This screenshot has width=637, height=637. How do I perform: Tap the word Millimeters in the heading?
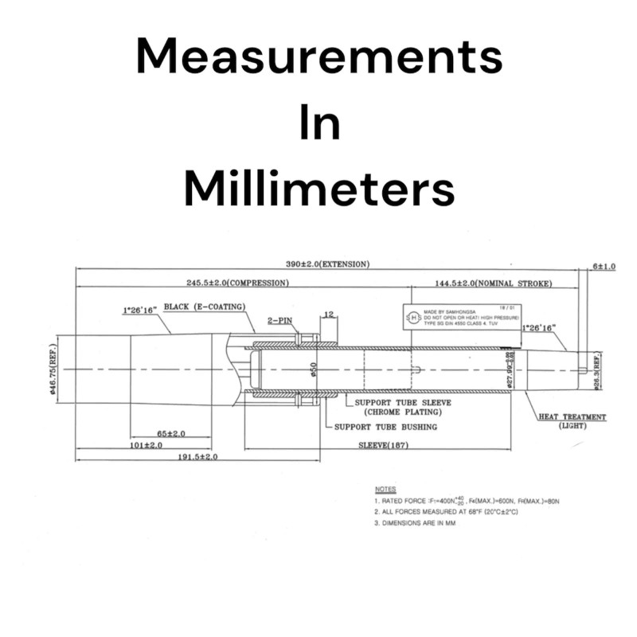(318, 189)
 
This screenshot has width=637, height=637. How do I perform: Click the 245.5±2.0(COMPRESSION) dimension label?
(238, 283)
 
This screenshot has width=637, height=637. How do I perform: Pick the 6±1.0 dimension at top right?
(603, 267)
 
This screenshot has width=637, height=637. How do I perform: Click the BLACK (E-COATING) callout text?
(204, 307)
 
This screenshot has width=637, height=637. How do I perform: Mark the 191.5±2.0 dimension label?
(196, 457)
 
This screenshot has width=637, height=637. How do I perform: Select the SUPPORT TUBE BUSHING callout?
(385, 427)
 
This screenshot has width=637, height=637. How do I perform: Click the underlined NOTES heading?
(385, 489)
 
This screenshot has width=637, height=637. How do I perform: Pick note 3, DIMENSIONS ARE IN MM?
(425, 523)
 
